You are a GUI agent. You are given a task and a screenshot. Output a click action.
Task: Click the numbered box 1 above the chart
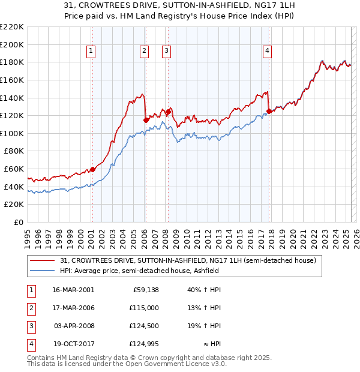[91, 52]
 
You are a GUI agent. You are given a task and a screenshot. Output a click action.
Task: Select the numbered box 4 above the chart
[266, 52]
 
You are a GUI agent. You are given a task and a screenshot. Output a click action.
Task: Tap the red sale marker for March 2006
[146, 120]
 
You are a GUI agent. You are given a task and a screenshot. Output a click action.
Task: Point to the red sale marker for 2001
[92, 169]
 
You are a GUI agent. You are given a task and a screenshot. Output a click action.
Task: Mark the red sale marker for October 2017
[269, 111]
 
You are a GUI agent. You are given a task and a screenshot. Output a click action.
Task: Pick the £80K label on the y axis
[14, 151]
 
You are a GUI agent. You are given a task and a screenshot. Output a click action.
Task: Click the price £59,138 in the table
[145, 290]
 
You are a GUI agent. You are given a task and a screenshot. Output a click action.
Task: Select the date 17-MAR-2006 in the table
[73, 308]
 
